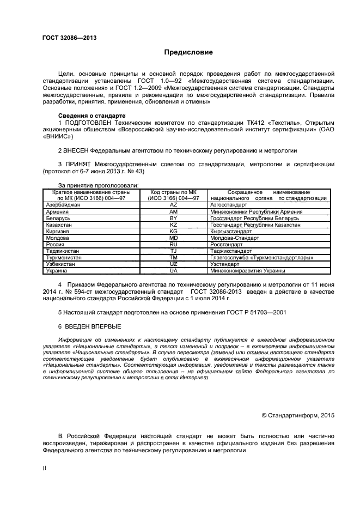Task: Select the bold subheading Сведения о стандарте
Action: tap(91, 116)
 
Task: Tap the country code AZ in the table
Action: tap(174, 204)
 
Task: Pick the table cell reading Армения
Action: tap(58, 211)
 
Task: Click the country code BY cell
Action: tap(174, 218)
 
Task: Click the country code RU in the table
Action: tap(174, 244)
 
